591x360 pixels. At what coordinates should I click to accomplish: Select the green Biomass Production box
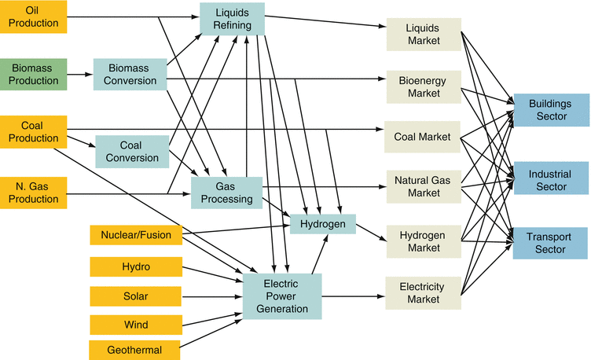[x=31, y=75]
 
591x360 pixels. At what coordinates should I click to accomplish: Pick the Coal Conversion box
[x=132, y=151]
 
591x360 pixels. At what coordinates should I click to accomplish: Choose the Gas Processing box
[x=226, y=193]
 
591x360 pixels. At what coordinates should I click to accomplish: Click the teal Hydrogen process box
[x=323, y=224]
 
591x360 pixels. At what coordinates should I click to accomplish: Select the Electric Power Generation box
[x=282, y=296]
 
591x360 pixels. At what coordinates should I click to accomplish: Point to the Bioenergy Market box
[x=424, y=86]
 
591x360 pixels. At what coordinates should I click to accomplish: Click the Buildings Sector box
[x=550, y=110]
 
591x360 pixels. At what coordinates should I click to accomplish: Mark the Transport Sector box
[x=550, y=243]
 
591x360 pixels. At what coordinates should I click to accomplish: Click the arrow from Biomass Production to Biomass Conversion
[x=79, y=75]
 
